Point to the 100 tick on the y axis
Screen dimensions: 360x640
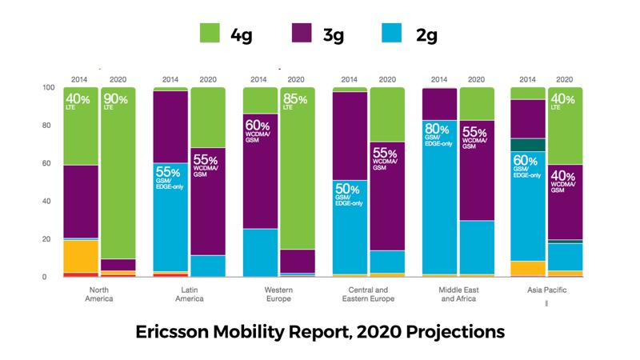48,87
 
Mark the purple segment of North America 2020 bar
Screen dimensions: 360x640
117,265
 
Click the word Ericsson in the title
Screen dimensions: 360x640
181,330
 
